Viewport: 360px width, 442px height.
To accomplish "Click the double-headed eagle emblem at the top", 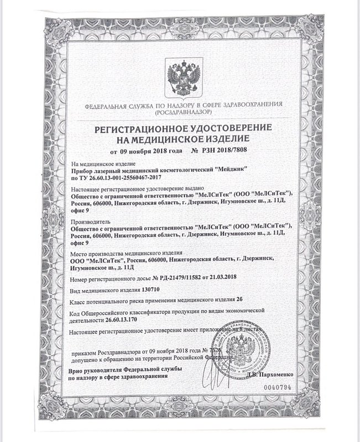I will (x=180, y=79).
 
